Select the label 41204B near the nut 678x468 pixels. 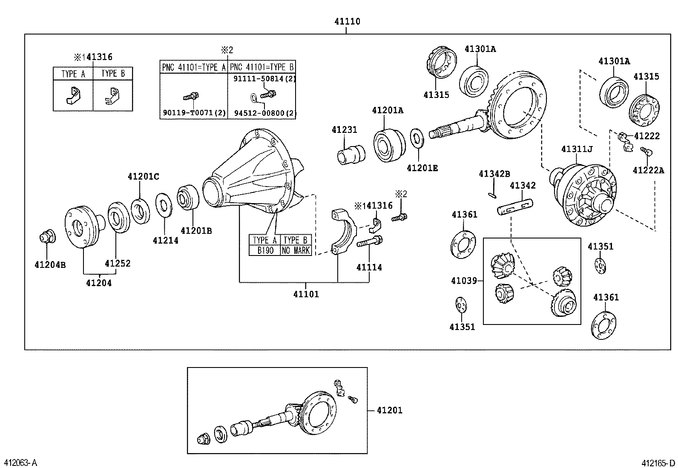(50, 265)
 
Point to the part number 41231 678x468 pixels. (345, 129)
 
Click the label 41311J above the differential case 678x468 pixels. (577, 149)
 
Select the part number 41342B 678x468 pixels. (494, 174)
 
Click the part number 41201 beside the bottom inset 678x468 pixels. (389, 410)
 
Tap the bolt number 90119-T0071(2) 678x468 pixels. (193, 113)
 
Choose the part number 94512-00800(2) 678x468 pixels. (264, 113)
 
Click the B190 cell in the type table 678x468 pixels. (265, 250)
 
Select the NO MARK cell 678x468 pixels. (296, 250)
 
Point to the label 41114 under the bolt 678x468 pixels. (369, 267)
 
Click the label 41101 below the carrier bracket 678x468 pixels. (306, 294)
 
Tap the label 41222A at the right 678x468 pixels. (648, 170)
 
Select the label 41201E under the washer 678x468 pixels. (422, 168)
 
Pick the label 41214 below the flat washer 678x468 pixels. (165, 240)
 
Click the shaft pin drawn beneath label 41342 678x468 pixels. (514, 207)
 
